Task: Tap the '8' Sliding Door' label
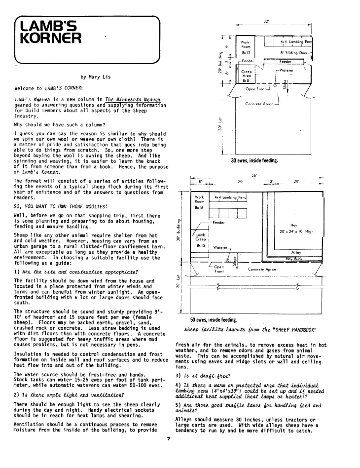pos(293,52)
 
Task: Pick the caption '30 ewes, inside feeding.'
pos(254,160)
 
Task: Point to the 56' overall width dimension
pos(254,175)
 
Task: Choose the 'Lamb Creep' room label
pos(201,239)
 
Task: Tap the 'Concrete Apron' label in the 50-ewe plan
pos(262,270)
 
